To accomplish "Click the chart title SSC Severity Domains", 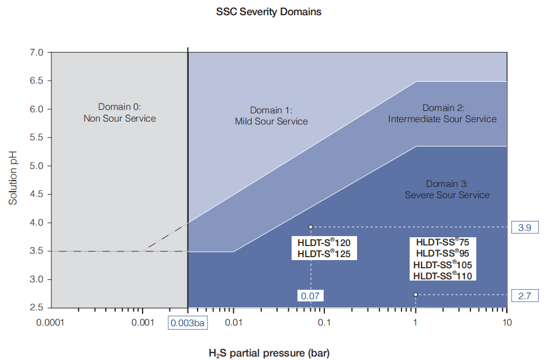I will [x=268, y=12].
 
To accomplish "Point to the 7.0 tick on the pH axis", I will [x=36, y=53].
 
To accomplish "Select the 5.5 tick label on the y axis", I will [x=36, y=138].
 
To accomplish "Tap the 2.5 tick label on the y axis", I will [x=36, y=308].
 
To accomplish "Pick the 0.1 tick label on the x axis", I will [x=324, y=323].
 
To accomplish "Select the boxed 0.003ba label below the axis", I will [x=188, y=323].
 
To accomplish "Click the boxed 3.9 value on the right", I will [x=524, y=227].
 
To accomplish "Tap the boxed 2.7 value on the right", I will [x=524, y=296].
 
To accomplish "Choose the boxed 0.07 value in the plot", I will [x=310, y=296].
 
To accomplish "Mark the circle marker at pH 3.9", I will [x=311, y=227].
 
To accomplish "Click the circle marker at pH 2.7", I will [x=416, y=295].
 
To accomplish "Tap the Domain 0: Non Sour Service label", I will [x=120, y=113].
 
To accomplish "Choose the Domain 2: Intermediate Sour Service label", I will [x=442, y=113].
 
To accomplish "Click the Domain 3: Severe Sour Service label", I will [x=447, y=189].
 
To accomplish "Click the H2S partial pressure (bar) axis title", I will [x=268, y=352].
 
